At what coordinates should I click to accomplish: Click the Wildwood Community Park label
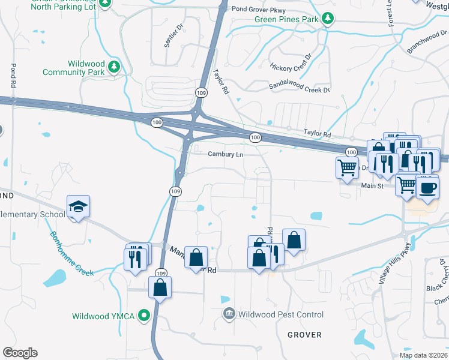(x=74, y=68)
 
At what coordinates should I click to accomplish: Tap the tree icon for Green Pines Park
(x=328, y=20)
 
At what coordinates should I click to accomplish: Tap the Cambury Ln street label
(x=226, y=154)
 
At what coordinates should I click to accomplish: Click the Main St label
(x=371, y=187)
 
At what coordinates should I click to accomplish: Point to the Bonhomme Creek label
(x=71, y=254)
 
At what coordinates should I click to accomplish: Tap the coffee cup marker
(x=427, y=188)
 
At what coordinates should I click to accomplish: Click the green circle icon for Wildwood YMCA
(x=144, y=315)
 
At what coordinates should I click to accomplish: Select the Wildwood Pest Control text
(x=280, y=314)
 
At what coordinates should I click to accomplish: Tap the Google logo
(x=20, y=353)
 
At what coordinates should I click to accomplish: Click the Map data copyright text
(x=423, y=355)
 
